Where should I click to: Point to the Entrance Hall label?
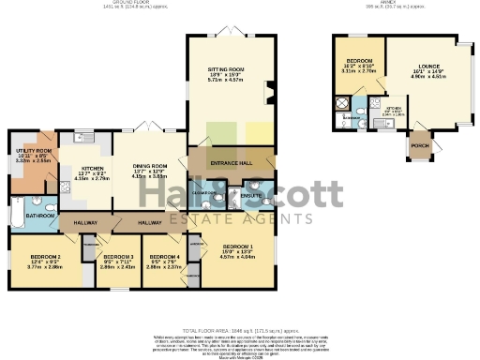coord(232,162)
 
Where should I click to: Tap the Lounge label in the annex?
coord(419,68)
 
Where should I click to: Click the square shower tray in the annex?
coord(344,103)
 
